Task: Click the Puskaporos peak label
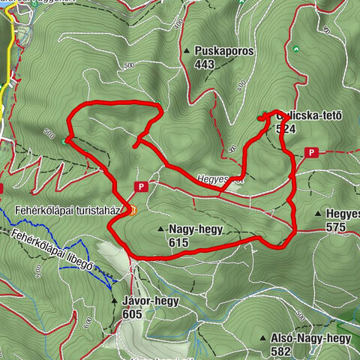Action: (223, 52)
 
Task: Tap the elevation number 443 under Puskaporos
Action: (204, 64)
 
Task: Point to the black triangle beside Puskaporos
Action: (187, 51)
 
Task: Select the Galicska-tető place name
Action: (309, 115)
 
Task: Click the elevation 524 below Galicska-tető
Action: (286, 128)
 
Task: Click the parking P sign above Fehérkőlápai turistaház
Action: (140, 185)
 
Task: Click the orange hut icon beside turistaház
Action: (133, 211)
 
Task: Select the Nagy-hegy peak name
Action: (196, 230)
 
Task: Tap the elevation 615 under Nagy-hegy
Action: (178, 242)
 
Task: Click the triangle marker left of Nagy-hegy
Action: (160, 229)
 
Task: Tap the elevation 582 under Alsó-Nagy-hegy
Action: (280, 351)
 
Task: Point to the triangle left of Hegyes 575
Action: (319, 214)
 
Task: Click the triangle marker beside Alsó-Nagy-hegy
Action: (262, 339)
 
